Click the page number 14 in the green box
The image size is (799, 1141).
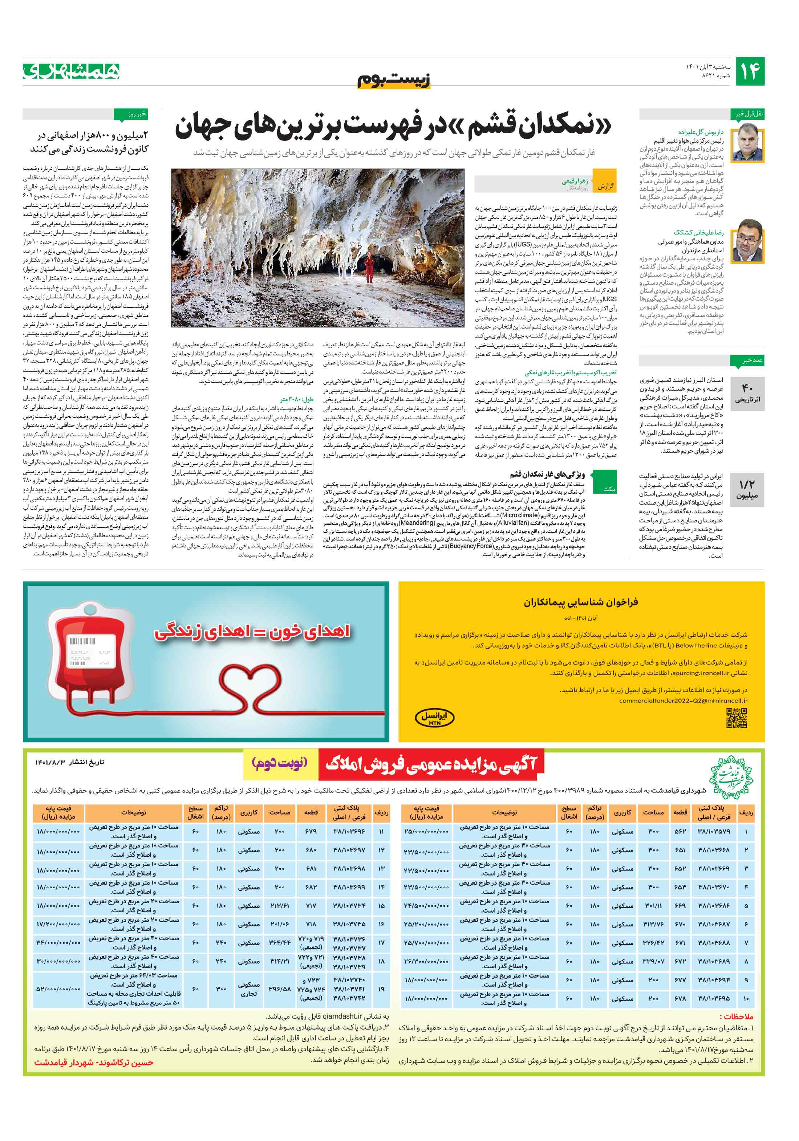(750, 72)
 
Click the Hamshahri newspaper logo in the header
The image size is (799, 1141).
(72, 71)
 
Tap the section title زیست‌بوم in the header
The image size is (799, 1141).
(394, 79)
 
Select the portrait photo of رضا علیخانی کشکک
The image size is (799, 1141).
(748, 240)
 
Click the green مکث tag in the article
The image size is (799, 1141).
(609, 489)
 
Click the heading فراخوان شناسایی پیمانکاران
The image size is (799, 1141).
(580, 602)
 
